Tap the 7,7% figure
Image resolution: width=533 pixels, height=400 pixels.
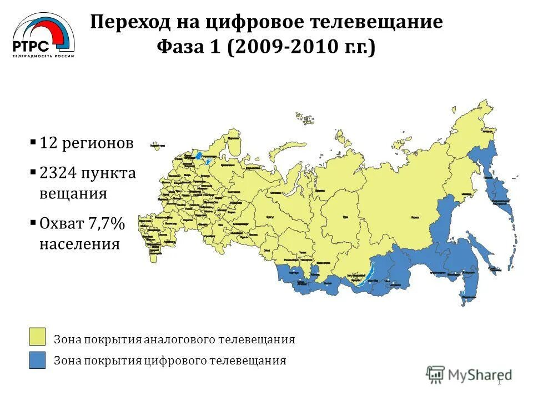coord(105,223)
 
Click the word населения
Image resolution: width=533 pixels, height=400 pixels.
coord(79,243)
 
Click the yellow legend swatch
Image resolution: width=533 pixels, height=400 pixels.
coord(38,337)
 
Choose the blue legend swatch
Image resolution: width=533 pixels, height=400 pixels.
coord(38,360)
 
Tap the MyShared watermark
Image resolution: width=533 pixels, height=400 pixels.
coord(470,374)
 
